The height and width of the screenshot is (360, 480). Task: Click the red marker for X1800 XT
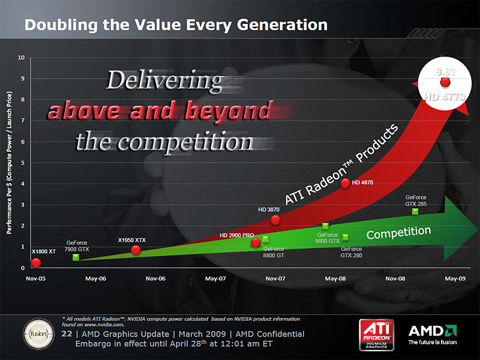[36, 262]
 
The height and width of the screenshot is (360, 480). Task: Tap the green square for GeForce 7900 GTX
[76, 257]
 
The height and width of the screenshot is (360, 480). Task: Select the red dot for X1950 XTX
[136, 250]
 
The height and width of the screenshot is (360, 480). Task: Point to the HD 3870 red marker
[275, 220]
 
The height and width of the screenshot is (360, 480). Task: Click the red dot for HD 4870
[345, 183]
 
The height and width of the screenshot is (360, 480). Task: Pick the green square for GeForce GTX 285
[415, 211]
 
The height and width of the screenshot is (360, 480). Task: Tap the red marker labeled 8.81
[445, 82]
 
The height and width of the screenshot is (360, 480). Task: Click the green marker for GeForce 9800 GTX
[325, 226]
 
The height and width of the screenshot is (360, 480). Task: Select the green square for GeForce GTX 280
[346, 237]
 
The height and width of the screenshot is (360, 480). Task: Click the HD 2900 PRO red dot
[256, 242]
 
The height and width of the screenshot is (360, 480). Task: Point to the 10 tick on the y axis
[21, 58]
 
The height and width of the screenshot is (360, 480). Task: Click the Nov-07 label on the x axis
[275, 278]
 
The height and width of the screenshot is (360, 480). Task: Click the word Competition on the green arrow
[398, 233]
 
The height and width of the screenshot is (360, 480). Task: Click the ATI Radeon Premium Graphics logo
[376, 334]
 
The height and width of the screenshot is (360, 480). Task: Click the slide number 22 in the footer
[67, 334]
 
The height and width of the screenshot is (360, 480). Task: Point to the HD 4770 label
[445, 95]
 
